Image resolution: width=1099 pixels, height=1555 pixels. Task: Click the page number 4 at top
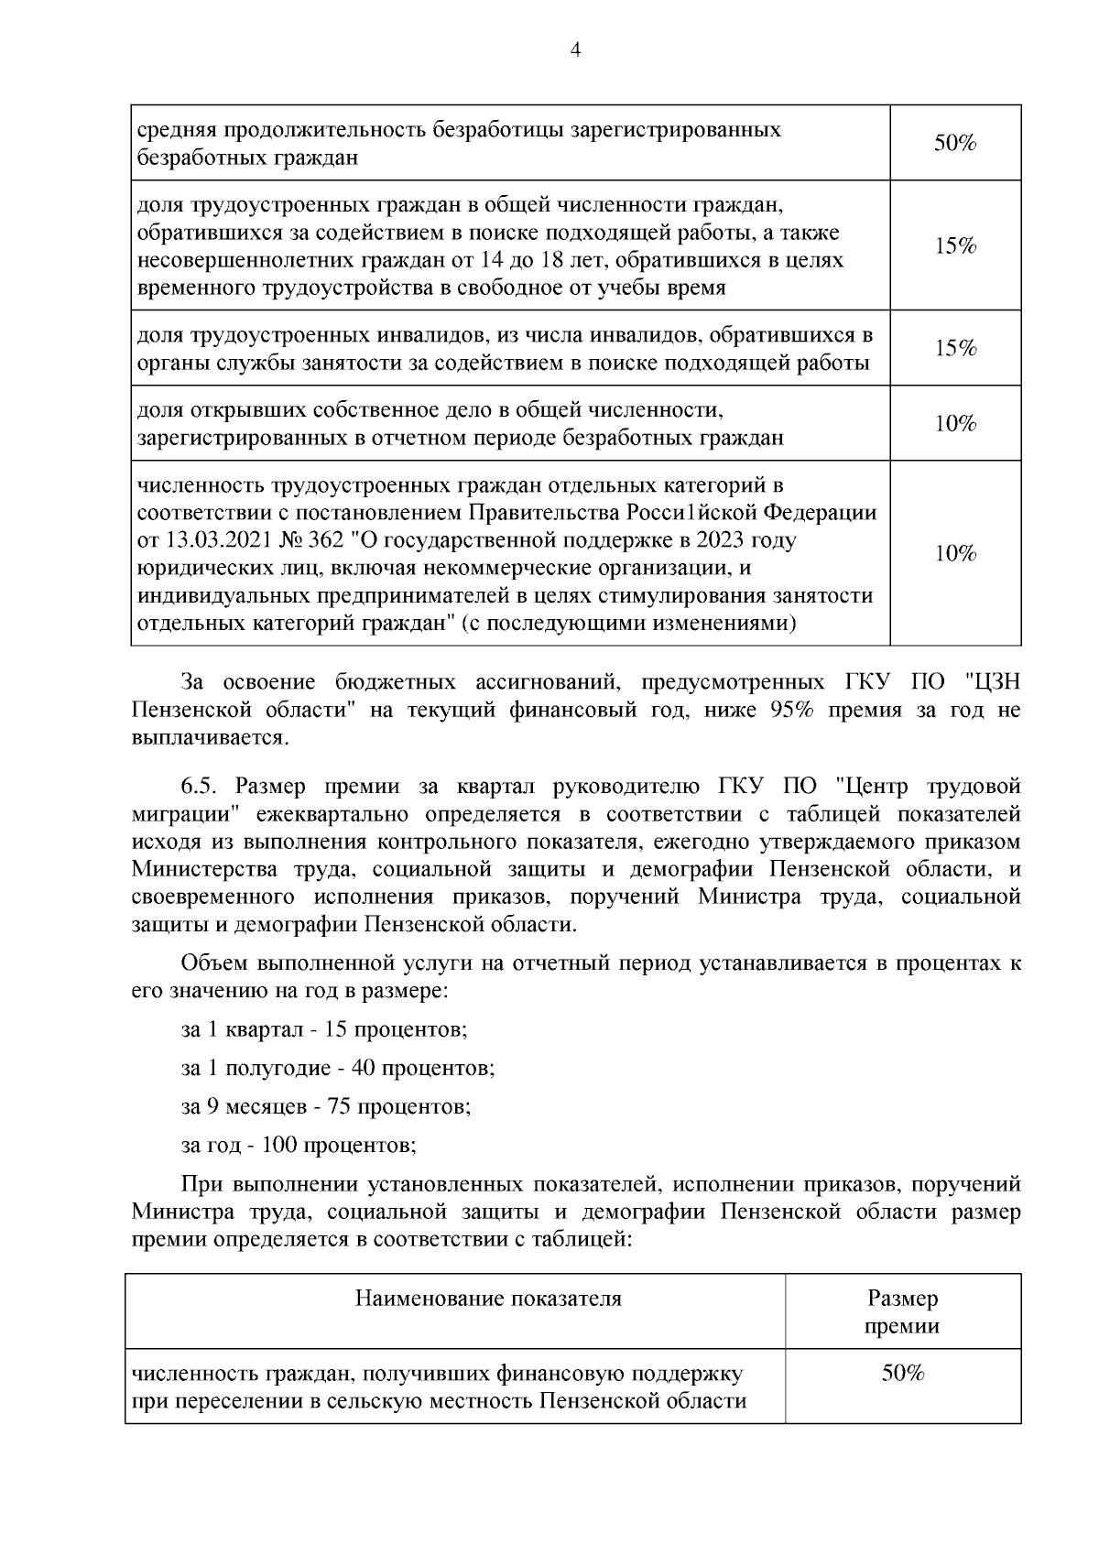575,50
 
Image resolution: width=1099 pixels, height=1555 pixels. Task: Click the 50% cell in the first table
955,143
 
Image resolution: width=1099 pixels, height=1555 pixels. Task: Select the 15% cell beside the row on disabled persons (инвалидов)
955,348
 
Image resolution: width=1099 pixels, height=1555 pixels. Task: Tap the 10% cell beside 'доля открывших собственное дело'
955,423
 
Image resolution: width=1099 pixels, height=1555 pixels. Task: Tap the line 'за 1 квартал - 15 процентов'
324,1029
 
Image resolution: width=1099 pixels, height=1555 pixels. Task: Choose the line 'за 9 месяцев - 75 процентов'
326,1106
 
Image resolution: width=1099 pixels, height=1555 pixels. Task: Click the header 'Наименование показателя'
488,1299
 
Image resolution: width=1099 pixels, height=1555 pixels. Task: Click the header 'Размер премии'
902,1311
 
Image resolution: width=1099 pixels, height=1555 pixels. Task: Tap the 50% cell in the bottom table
902,1374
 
